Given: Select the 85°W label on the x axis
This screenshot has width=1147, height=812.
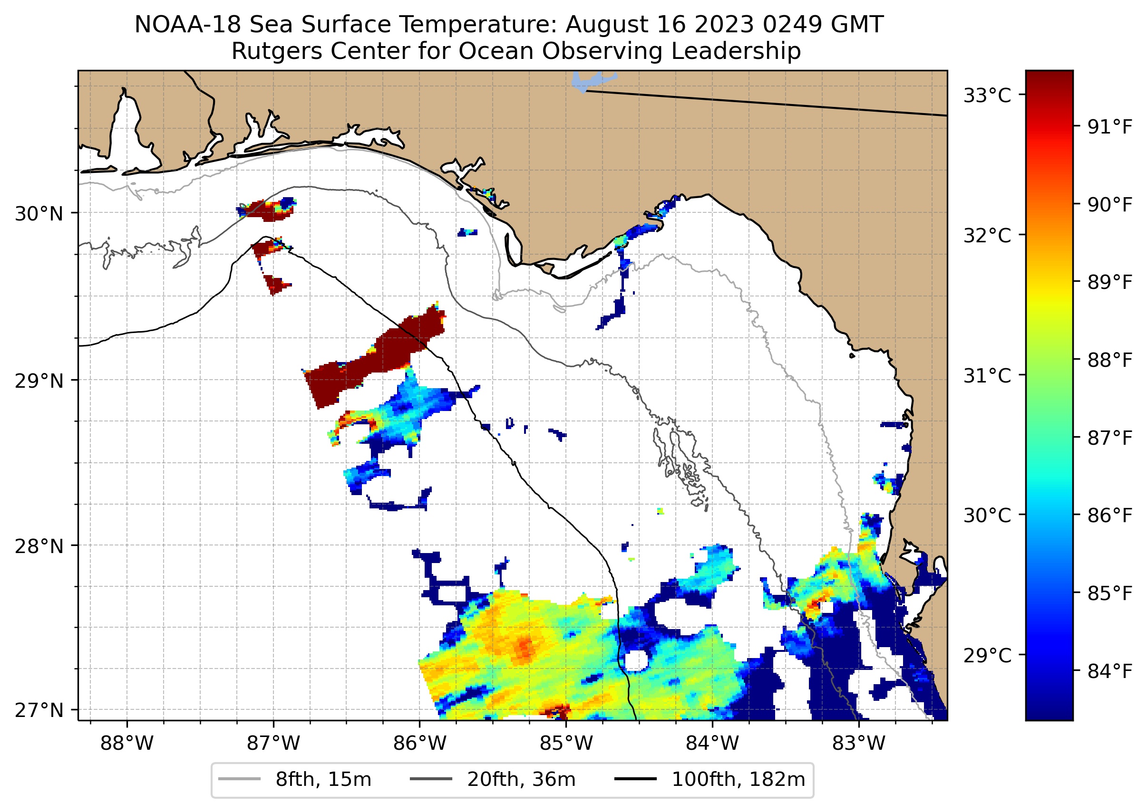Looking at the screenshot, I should [566, 744].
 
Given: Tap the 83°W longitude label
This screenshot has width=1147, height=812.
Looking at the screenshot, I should [859, 744].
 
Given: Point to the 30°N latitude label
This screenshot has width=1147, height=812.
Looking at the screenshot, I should [39, 214].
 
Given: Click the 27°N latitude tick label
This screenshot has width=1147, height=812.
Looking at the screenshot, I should [39, 710].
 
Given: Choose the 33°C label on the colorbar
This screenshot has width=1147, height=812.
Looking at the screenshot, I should [987, 96].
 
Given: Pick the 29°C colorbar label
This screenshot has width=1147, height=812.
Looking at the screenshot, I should [987, 655].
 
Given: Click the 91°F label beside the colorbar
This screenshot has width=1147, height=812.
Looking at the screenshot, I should [1110, 127].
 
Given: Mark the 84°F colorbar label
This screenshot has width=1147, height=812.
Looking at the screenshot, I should [1110, 671].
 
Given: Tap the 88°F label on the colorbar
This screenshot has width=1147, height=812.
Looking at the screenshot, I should [1110, 360].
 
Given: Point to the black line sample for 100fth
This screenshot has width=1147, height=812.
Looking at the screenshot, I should [635, 779].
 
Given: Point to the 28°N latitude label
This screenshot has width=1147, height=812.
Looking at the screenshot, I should [39, 546].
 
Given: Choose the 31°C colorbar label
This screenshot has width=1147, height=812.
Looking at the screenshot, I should [987, 375].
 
